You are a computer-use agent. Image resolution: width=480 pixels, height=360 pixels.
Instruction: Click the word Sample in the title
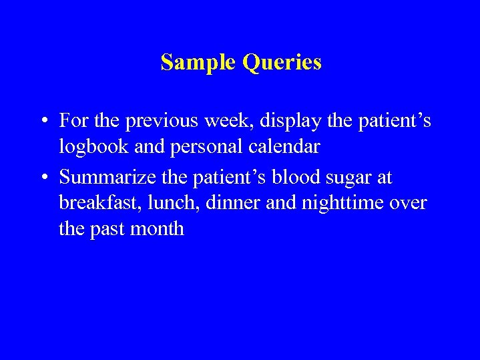(x=199, y=62)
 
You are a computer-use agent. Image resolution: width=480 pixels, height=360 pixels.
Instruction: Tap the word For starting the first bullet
(x=73, y=121)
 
